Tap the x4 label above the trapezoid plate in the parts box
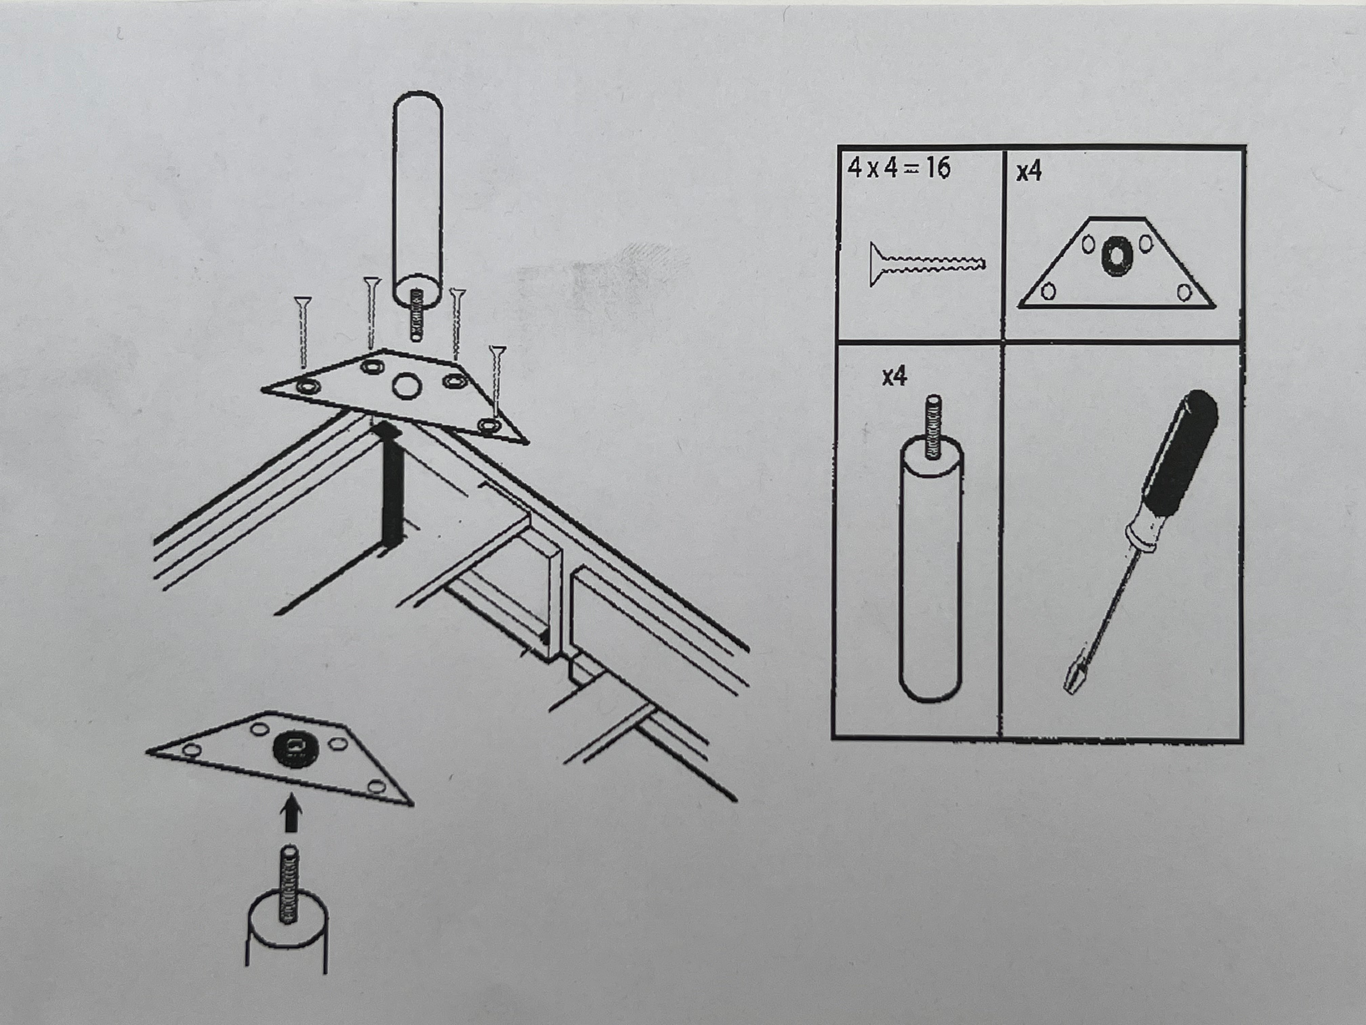1029,171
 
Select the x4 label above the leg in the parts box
895,376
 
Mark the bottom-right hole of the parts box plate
1184,292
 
